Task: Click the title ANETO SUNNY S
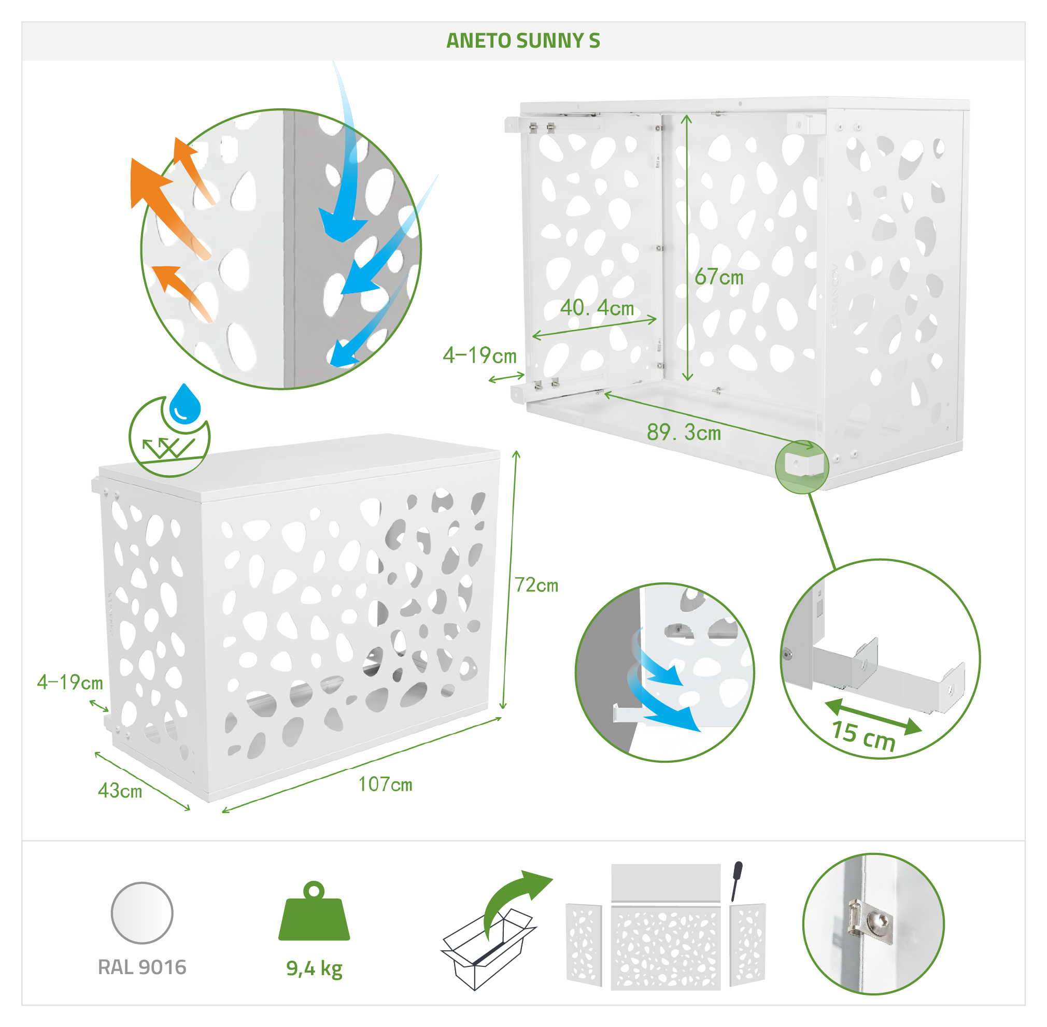522,41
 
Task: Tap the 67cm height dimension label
718,277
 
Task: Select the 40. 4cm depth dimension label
597,308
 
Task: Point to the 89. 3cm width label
684,433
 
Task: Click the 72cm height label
536,585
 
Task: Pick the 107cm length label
385,784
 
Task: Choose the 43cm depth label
120,791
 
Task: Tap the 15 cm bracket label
863,736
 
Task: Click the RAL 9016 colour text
142,967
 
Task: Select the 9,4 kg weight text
314,969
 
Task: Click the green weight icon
314,911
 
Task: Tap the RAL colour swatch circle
142,913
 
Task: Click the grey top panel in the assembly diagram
666,882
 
